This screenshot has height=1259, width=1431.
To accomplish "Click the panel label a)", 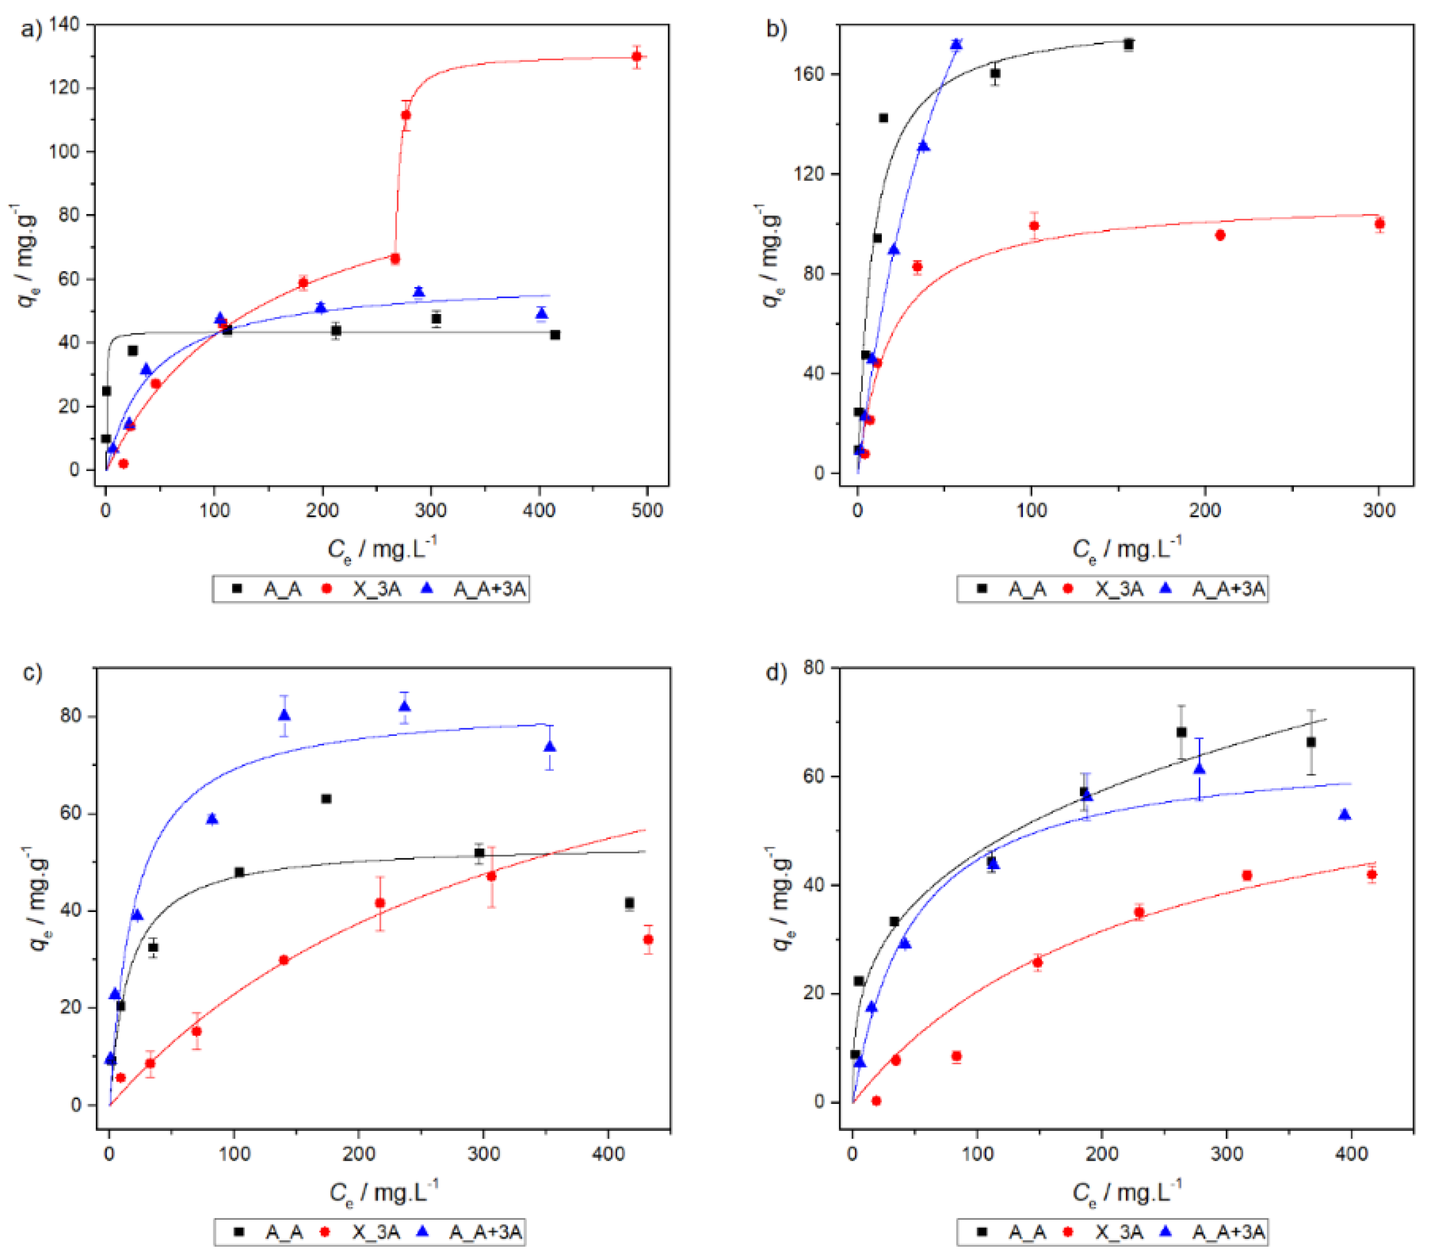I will [32, 29].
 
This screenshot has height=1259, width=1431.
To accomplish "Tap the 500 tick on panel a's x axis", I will [647, 510].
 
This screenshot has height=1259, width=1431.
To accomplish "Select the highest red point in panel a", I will [637, 57].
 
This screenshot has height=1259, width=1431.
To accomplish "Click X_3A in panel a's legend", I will [376, 589].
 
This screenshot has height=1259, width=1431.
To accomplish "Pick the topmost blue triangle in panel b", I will [956, 44].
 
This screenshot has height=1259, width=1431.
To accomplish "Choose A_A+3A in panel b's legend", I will [1229, 589].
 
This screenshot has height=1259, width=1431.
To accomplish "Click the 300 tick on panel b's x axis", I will [1379, 510].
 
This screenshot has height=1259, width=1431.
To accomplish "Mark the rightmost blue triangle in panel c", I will [550, 746].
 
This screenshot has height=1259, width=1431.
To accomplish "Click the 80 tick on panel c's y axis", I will [71, 716].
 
